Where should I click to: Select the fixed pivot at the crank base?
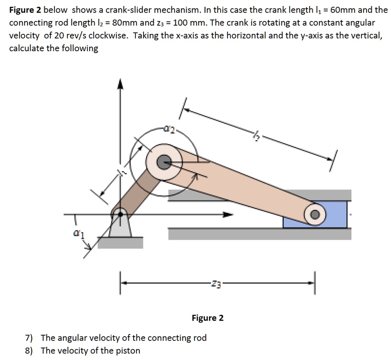pyautogui.click(x=121, y=214)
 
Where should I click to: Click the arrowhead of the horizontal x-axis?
pyautogui.click(x=228, y=215)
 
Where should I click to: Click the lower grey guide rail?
pyautogui.click(x=260, y=234)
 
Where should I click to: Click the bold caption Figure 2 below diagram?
pyautogui.click(x=208, y=318)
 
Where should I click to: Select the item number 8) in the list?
pyautogui.click(x=29, y=350)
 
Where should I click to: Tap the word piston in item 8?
pyautogui.click(x=128, y=350)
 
